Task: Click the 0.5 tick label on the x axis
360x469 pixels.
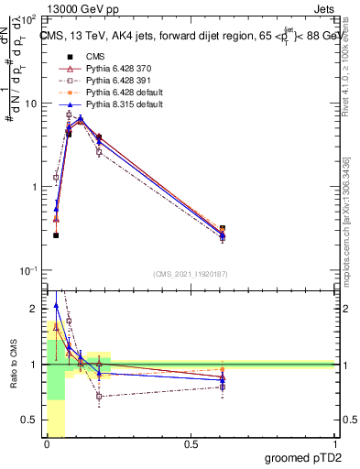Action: (x=191, y=444)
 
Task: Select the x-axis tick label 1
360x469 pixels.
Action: (x=334, y=444)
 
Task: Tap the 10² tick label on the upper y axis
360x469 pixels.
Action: (x=28, y=18)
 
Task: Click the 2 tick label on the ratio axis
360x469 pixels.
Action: (x=35, y=309)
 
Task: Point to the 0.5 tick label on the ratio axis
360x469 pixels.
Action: (x=31, y=420)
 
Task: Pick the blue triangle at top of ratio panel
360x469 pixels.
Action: (x=56, y=306)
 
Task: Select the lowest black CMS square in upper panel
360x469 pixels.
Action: (x=56, y=235)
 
